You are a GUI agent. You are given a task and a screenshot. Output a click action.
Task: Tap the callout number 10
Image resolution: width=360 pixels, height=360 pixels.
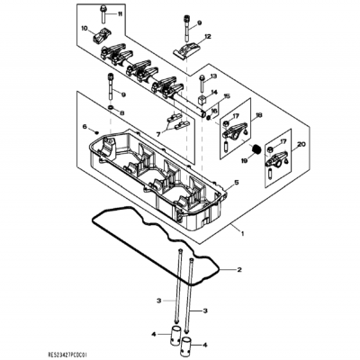[84, 29]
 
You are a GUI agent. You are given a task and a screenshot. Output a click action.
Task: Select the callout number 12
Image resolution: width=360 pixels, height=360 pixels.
[207, 38]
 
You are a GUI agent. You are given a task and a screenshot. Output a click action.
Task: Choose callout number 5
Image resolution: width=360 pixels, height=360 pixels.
[237, 184]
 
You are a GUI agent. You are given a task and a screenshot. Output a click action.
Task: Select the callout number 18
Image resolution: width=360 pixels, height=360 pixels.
[259, 116]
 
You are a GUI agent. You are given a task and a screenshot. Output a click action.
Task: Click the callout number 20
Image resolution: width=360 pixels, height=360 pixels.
[301, 144]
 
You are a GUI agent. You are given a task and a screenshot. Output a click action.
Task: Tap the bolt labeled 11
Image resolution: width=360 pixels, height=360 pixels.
[105, 13]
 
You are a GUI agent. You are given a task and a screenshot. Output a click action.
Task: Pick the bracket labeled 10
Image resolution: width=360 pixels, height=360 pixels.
[101, 36]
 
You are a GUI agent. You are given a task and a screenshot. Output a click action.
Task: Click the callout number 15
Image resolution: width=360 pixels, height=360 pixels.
[227, 97]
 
